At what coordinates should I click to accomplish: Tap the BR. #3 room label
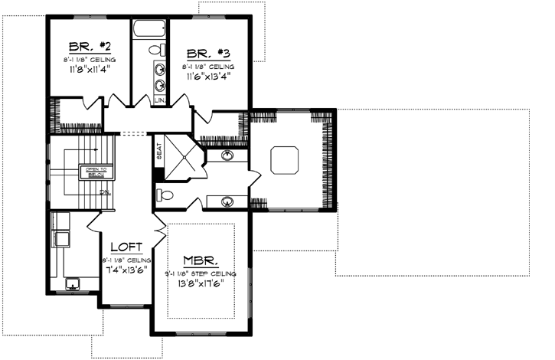(x=208, y=53)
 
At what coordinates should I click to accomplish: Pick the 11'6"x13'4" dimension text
(x=208, y=77)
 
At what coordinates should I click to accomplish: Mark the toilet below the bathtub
(x=157, y=50)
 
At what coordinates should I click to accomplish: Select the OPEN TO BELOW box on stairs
(x=96, y=172)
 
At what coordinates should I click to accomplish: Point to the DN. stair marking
(x=104, y=192)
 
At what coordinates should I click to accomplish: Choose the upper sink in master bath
(x=228, y=155)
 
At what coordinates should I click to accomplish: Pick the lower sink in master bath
(x=228, y=202)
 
